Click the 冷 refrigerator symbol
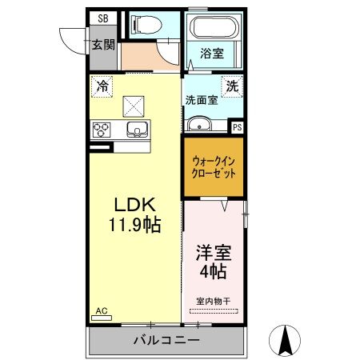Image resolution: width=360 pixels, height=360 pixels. coord(102,85)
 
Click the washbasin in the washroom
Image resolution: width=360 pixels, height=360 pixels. coord(198,124)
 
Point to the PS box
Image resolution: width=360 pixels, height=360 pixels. coord(237,126)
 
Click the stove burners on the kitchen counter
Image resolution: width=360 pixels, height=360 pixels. coord(102,130)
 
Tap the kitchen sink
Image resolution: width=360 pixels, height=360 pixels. coord(137,130)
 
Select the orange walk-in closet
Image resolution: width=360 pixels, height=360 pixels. coord(213,166)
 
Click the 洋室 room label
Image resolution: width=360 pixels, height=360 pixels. coord(213,253)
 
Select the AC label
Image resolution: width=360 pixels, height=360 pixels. coord(102,310)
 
